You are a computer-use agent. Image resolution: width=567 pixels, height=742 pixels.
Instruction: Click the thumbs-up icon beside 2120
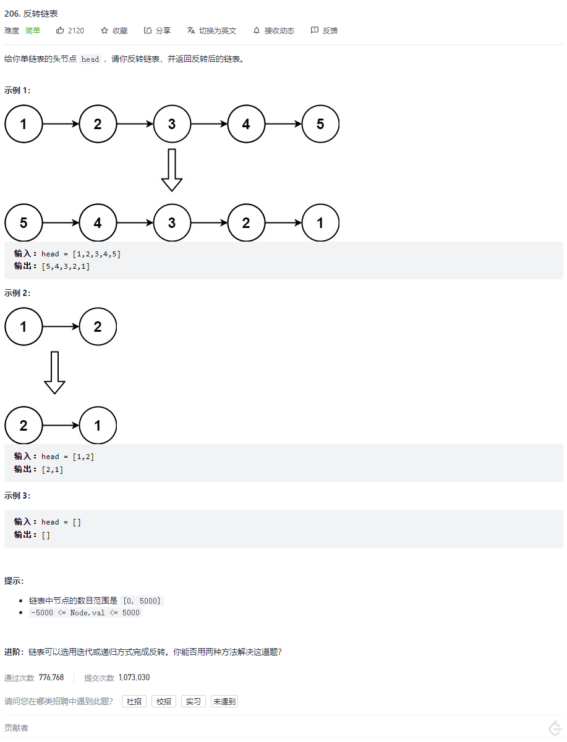pyautogui.click(x=60, y=30)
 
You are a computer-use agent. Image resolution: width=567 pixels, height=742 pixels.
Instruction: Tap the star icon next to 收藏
pyautogui.click(x=104, y=30)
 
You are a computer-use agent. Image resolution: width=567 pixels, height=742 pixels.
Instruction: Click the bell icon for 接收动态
pyautogui.click(x=257, y=30)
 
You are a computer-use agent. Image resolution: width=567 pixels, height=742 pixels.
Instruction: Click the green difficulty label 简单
pyautogui.click(x=33, y=30)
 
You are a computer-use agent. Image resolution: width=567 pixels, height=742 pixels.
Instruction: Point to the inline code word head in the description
pyautogui.click(x=90, y=59)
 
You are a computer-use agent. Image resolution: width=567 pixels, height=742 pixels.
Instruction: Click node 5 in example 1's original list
pyautogui.click(x=320, y=124)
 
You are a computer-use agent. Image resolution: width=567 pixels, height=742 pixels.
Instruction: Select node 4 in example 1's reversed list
pyautogui.click(x=98, y=222)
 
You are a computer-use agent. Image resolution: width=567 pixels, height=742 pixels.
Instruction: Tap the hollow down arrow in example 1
pyautogui.click(x=172, y=170)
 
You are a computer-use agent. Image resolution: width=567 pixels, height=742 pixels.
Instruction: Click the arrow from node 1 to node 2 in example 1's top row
pyautogui.click(x=61, y=124)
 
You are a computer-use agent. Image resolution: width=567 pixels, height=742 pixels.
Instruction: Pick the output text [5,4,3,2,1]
pyautogui.click(x=66, y=266)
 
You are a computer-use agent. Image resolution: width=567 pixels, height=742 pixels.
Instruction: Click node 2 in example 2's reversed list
pyautogui.click(x=23, y=425)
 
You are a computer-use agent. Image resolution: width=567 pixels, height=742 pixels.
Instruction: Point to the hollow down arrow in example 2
pyautogui.click(x=54, y=373)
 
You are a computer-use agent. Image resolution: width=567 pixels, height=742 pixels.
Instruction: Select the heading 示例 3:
pyautogui.click(x=17, y=495)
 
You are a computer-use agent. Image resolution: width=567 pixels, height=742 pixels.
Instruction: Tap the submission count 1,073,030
pyautogui.click(x=134, y=677)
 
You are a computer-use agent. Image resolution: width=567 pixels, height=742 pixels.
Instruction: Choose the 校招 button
pyautogui.click(x=164, y=701)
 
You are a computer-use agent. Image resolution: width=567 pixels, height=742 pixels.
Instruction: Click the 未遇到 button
pyautogui.click(x=224, y=701)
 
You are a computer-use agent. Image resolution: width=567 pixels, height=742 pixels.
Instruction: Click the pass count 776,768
pyautogui.click(x=51, y=677)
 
